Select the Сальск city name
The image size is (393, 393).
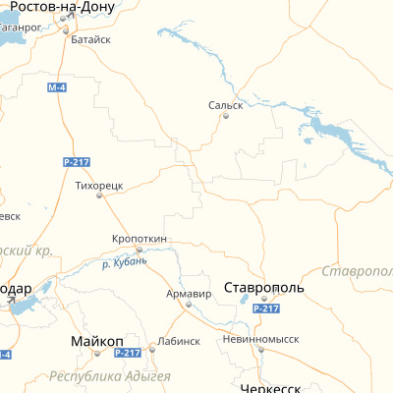[x=225, y=104]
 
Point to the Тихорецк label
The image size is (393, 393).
[x=98, y=184]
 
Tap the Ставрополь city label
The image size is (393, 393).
[x=264, y=288]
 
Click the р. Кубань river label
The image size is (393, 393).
[x=125, y=262]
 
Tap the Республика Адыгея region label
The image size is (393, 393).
[x=110, y=376]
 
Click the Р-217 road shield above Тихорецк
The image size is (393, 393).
[x=75, y=161]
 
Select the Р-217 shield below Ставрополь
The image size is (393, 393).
[x=266, y=309]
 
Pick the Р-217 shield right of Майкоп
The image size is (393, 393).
[x=128, y=353]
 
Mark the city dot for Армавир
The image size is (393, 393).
[x=189, y=305]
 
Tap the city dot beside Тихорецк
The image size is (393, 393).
[x=99, y=195]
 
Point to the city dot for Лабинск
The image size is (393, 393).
[x=152, y=347]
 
